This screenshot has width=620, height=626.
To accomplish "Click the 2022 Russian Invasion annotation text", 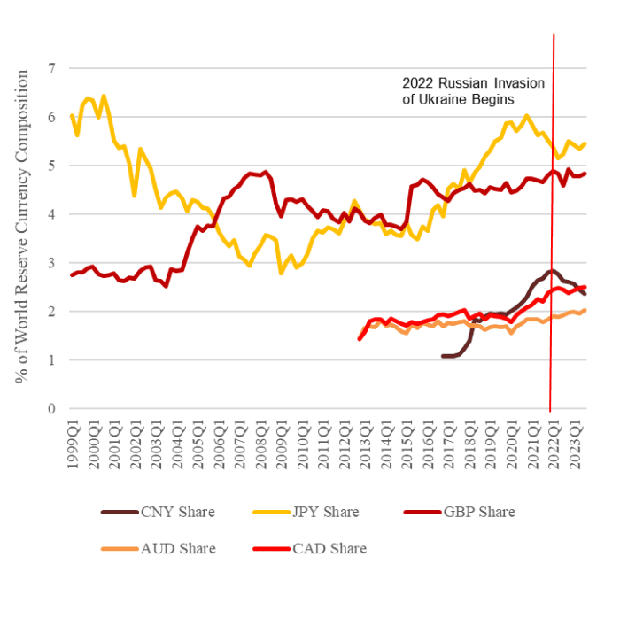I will point(473,91).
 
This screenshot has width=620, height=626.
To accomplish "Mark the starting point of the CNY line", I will point(442,356).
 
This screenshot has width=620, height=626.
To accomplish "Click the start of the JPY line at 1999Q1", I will point(72,115).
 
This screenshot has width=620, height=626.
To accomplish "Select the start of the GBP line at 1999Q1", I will point(72,275).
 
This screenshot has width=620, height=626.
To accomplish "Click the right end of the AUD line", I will point(585,310).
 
